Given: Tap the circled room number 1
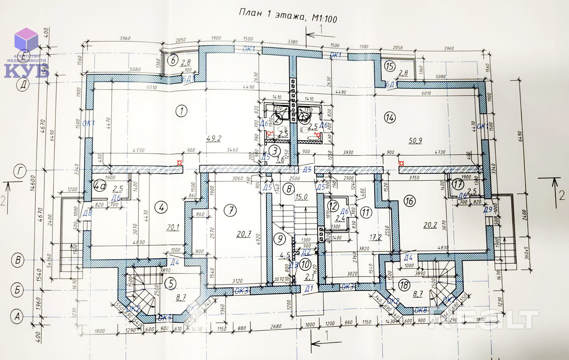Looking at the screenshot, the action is click(181, 110).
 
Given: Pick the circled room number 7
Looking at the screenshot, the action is click(230, 211).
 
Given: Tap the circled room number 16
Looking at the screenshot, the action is click(409, 201).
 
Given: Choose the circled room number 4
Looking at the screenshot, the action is click(160, 208).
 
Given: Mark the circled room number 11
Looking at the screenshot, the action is click(365, 212).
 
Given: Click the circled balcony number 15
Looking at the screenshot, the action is click(389, 67).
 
